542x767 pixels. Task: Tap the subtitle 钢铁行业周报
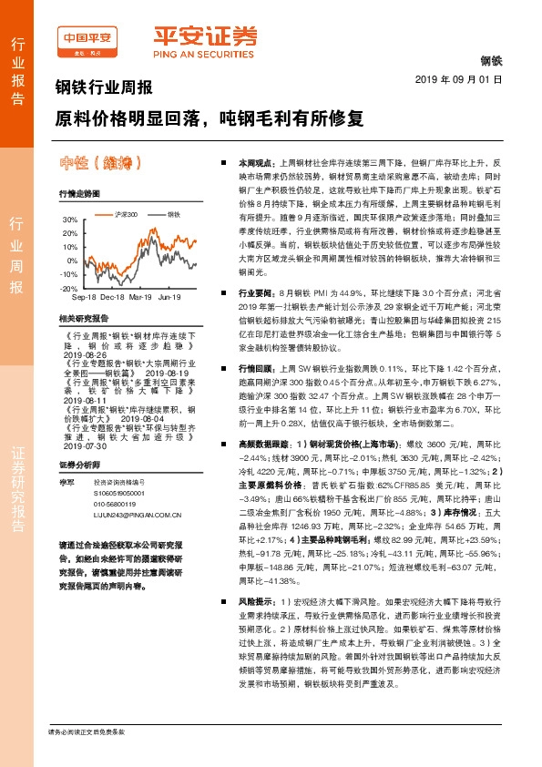pos(104,89)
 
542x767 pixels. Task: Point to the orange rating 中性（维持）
pos(101,164)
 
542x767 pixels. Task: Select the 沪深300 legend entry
pos(127,213)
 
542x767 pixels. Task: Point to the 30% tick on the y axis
pos(70,220)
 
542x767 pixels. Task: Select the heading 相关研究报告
pos(82,318)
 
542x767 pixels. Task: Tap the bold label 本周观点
pos(255,159)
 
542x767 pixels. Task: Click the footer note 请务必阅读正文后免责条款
pos(86,757)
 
